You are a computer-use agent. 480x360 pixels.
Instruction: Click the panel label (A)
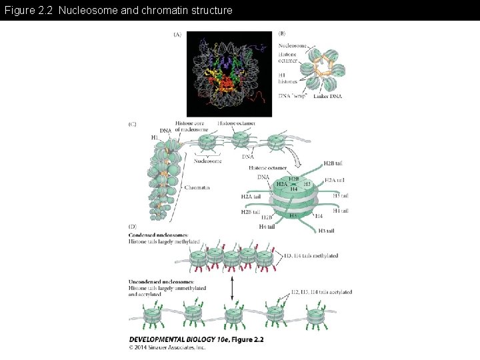click(177, 34)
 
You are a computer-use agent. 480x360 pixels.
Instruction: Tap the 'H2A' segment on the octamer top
click(283, 184)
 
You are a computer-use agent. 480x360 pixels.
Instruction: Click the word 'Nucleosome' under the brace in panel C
click(208, 161)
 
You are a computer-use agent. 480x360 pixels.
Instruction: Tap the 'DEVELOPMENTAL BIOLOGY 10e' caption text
click(180, 339)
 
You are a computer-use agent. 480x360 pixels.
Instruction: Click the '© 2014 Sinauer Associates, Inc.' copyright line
click(167, 347)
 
